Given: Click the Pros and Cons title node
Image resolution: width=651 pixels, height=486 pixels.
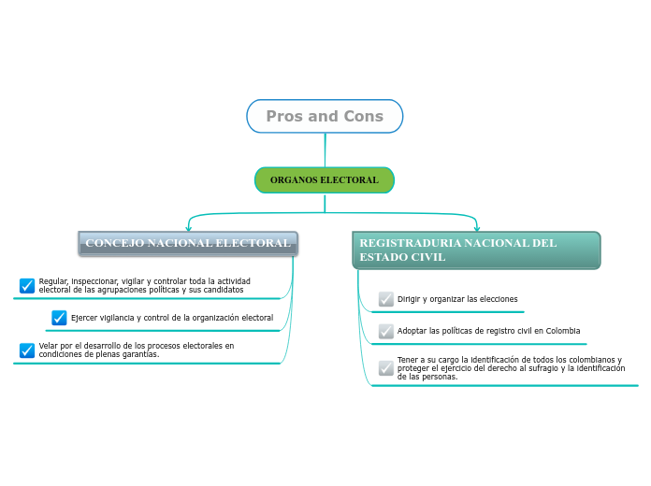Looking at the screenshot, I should pyautogui.click(x=325, y=117).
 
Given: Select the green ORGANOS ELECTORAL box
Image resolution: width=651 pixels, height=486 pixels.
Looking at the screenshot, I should pyautogui.click(x=325, y=179).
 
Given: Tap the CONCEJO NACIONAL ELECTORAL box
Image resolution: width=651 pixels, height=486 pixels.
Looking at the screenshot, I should pyautogui.click(x=188, y=244).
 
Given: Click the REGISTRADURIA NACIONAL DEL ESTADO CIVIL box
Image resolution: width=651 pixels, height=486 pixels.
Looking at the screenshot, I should pyautogui.click(x=476, y=250).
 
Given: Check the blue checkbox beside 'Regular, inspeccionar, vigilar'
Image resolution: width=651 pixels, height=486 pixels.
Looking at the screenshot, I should pyautogui.click(x=27, y=285).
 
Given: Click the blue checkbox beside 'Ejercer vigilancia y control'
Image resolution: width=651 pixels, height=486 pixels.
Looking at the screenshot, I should pyautogui.click(x=59, y=318).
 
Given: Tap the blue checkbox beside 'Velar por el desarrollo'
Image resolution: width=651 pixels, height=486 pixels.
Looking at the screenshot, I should pyautogui.click(x=27, y=350).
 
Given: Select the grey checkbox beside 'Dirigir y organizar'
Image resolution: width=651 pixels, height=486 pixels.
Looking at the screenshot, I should pyautogui.click(x=386, y=299).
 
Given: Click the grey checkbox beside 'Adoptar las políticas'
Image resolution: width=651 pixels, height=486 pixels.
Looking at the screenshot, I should pyautogui.click(x=386, y=331).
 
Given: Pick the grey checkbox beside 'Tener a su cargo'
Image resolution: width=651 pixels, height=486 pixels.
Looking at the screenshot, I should pyautogui.click(x=386, y=368).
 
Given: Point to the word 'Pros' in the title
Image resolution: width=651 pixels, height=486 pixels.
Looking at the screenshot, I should pyautogui.click(x=284, y=117).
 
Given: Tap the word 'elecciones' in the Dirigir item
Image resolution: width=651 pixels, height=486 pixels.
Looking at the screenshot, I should pyautogui.click(x=492, y=299).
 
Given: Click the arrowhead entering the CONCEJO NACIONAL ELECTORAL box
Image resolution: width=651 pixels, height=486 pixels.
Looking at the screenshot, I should pyautogui.click(x=189, y=227).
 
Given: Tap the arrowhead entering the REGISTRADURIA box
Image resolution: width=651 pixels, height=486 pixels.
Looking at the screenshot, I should pyautogui.click(x=477, y=227).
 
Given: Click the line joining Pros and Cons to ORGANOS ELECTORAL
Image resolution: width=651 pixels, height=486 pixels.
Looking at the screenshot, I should pyautogui.click(x=325, y=150).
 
